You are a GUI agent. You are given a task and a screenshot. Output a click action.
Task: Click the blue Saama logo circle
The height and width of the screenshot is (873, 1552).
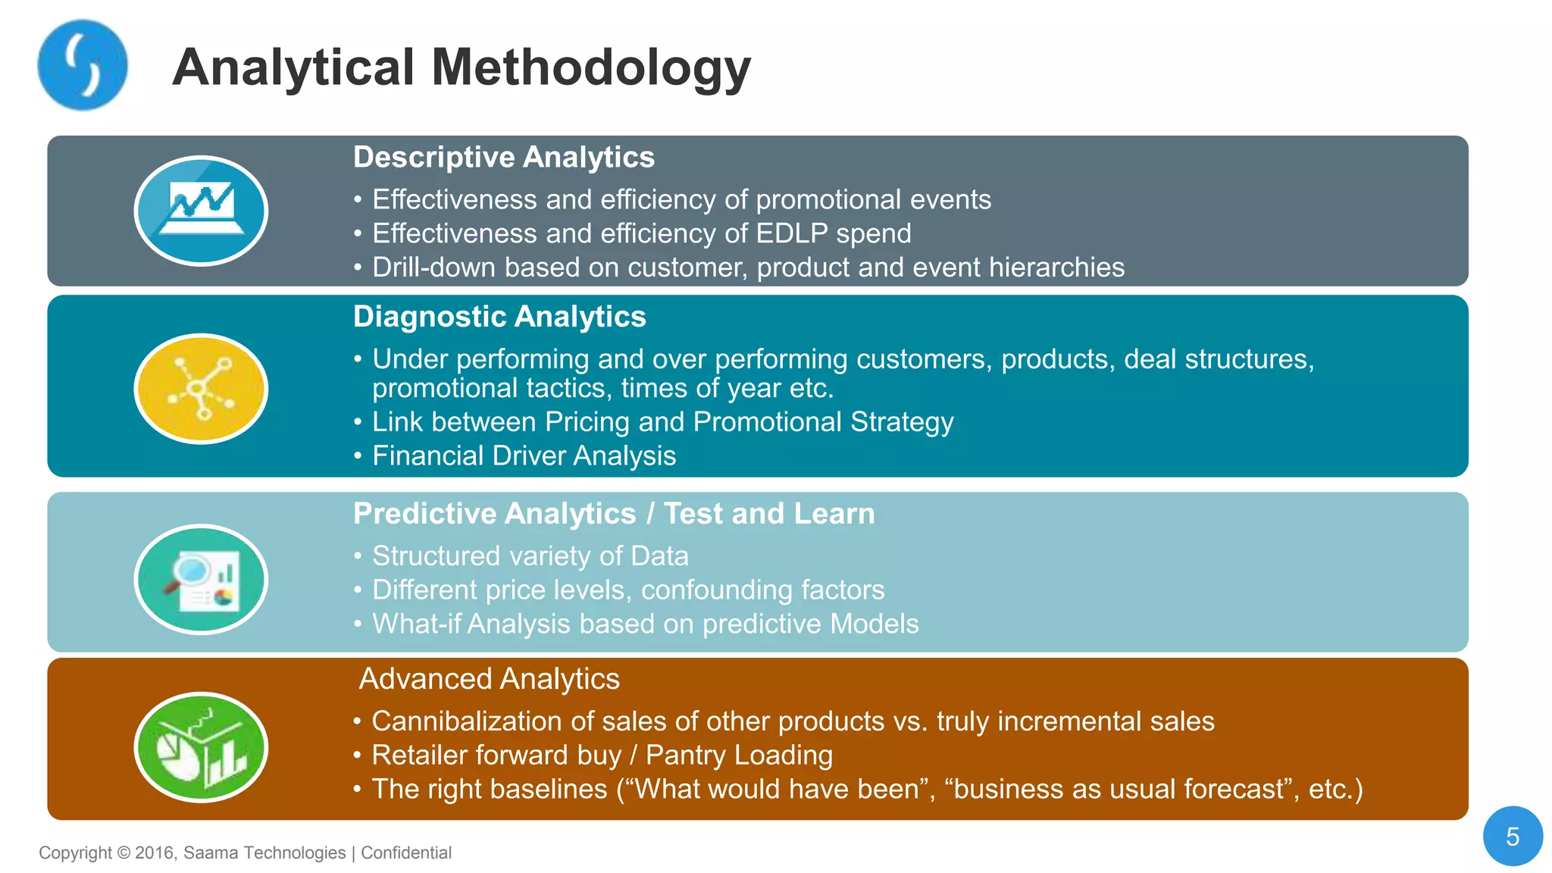(x=82, y=65)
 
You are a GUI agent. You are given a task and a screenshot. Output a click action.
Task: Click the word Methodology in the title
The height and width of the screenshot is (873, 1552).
(x=591, y=68)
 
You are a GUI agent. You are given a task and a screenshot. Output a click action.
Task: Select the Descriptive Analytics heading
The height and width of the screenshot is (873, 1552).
(x=503, y=158)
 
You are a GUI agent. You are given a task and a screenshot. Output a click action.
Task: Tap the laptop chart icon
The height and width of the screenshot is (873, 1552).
(x=201, y=211)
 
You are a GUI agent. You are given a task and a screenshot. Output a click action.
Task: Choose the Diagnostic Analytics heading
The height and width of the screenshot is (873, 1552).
(x=499, y=317)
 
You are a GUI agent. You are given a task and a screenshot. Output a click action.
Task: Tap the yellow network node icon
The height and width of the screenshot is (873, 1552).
(x=201, y=389)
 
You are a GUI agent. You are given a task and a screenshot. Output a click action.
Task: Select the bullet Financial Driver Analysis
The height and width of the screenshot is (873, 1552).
(x=524, y=456)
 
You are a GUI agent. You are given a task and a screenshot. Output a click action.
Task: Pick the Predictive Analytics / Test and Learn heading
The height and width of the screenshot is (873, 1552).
(x=614, y=514)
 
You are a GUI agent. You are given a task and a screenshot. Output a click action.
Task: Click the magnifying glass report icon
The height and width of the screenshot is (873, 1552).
(x=201, y=580)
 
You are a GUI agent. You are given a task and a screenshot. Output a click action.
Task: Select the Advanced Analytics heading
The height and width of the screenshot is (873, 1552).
(x=489, y=679)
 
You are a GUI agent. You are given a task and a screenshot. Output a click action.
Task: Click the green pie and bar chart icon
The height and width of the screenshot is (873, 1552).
(x=201, y=747)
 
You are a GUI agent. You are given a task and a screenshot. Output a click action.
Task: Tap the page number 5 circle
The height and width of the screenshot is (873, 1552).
(x=1513, y=837)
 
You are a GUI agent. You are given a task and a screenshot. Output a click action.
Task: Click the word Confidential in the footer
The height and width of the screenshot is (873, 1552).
(x=406, y=853)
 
